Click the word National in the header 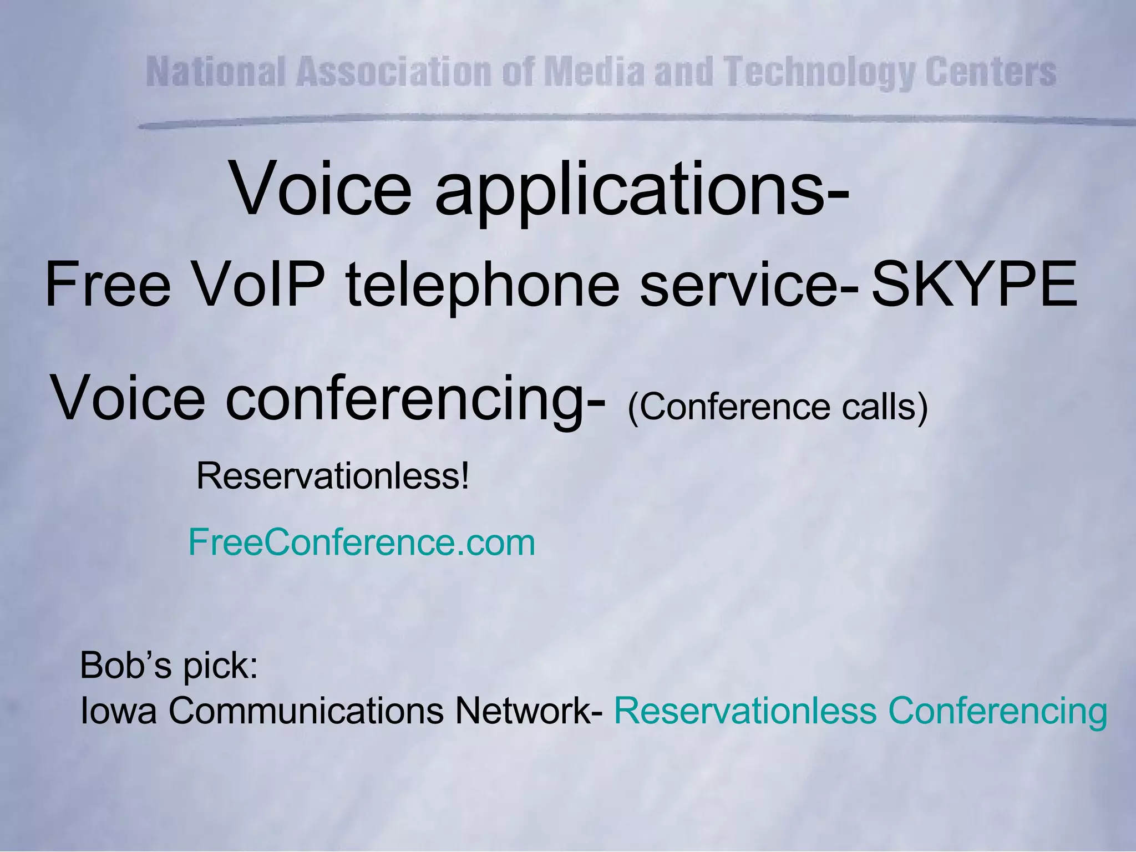click(x=216, y=72)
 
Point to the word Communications click(x=306, y=711)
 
